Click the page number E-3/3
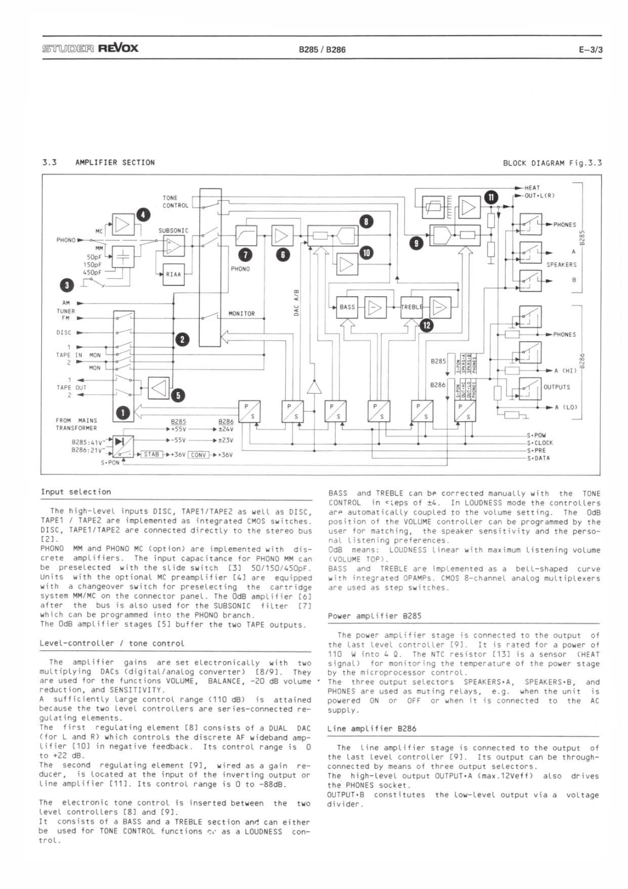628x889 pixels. (590, 49)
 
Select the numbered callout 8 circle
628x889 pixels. (366, 222)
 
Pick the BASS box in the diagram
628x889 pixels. (347, 307)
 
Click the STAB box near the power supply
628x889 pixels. (151, 454)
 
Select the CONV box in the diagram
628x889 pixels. (198, 454)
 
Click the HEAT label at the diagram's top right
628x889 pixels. (531, 188)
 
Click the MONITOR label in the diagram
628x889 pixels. (242, 314)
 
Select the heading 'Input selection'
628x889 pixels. (76, 492)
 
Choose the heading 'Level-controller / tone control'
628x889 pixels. (112, 643)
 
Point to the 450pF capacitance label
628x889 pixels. (92, 272)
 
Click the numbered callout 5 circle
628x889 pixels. (178, 395)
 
